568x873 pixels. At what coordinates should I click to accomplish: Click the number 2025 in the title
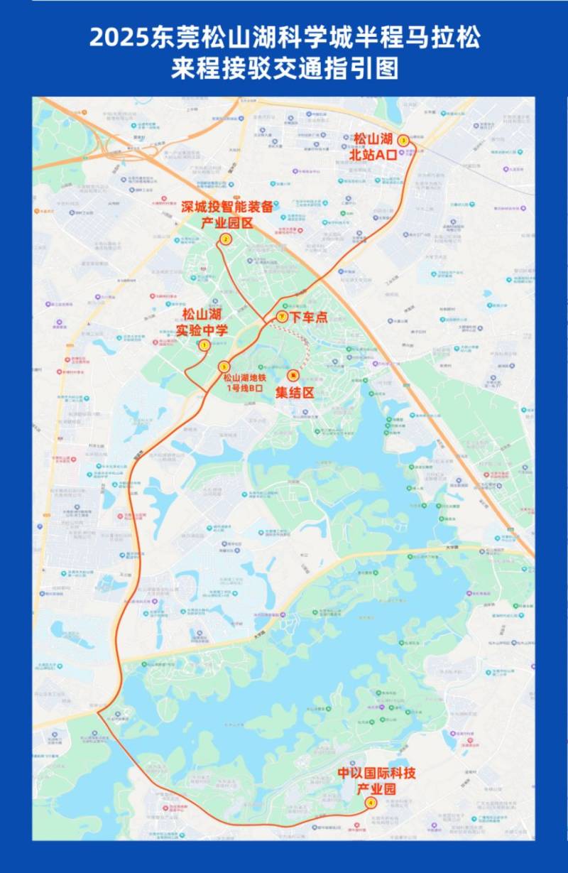(119, 38)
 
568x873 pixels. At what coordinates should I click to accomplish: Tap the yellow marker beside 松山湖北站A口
(403, 141)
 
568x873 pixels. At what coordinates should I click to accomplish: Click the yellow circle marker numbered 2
(225, 239)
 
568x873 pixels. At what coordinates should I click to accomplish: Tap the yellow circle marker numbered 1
(204, 345)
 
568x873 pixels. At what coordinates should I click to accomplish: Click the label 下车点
(307, 318)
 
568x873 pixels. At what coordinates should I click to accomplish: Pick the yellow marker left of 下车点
(282, 317)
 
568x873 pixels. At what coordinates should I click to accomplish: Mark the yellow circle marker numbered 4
(370, 803)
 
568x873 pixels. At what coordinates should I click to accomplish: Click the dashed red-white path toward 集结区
(302, 342)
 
